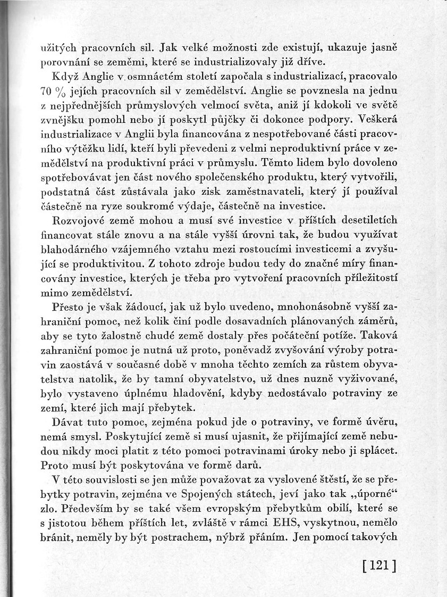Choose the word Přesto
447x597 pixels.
68,306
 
